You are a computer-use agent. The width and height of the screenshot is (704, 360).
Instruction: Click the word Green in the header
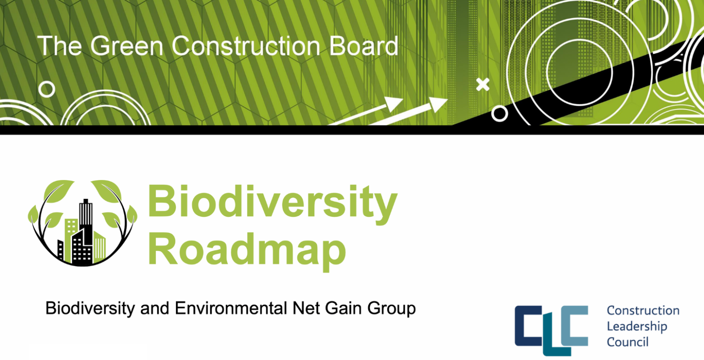click(x=127, y=46)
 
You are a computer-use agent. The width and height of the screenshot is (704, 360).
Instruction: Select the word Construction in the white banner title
click(x=246, y=46)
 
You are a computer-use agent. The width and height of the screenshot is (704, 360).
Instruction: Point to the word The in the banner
click(x=59, y=46)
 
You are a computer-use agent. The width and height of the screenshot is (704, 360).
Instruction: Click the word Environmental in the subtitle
click(x=231, y=308)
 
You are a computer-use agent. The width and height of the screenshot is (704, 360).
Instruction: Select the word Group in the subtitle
click(x=392, y=309)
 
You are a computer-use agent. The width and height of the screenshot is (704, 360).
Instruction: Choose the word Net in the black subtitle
click(x=306, y=308)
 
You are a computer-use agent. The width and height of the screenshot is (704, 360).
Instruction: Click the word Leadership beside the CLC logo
click(x=637, y=327)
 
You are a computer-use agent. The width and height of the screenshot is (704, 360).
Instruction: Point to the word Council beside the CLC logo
click(x=627, y=342)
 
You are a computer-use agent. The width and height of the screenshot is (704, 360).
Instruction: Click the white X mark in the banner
click(x=482, y=84)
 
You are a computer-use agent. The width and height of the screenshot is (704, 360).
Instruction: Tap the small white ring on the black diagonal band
click(x=499, y=114)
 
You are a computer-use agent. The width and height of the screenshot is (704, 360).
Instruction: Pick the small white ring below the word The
click(x=47, y=89)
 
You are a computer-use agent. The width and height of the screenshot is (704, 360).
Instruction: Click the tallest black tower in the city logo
click(x=86, y=220)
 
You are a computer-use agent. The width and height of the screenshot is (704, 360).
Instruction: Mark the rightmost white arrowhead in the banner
click(x=439, y=104)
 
